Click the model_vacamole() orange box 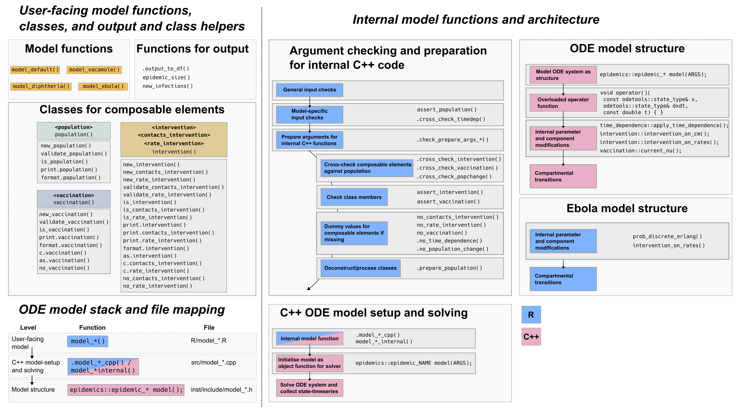point(94,70)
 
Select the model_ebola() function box point(103,86)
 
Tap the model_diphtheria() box point(41,86)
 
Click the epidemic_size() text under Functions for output point(166,77)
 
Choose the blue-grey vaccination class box point(74,199)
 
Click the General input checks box point(309,90)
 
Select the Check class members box point(354,197)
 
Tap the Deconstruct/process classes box point(360,268)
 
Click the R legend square point(531,315)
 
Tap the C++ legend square point(531,336)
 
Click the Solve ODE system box point(309,388)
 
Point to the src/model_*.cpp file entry point(214,362)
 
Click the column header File point(209,328)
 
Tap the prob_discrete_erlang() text point(667,236)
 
